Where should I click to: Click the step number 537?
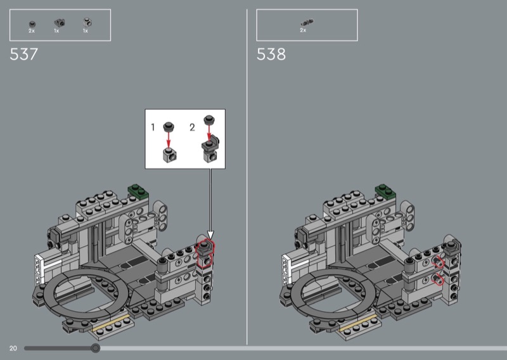[x=23, y=54]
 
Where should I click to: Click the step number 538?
[x=271, y=54]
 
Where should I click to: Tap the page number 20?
[x=13, y=349]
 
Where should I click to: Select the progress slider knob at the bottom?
[x=95, y=348]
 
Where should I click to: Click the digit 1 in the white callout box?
[x=153, y=127]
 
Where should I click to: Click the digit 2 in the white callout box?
[x=192, y=127]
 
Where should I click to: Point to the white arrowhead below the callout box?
[x=210, y=235]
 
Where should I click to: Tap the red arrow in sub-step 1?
[x=169, y=139]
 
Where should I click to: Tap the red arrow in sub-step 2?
[x=209, y=132]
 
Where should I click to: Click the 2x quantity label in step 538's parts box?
[x=303, y=30]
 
